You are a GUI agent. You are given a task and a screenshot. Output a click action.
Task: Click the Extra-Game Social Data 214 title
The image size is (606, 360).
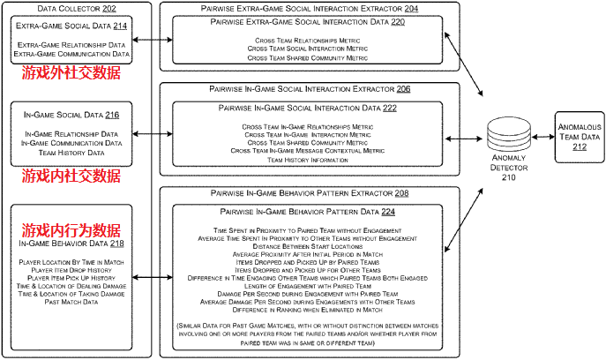click(71, 27)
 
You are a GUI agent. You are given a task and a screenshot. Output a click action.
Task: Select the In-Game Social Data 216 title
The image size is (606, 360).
click(71, 115)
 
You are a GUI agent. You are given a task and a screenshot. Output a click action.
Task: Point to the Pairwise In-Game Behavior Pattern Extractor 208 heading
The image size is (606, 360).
click(310, 191)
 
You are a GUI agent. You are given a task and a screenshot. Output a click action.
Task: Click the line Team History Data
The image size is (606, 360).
click(71, 153)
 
